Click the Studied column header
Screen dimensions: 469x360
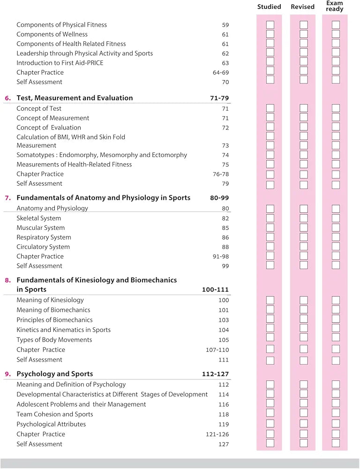[x=269, y=7]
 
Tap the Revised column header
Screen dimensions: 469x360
[x=302, y=7]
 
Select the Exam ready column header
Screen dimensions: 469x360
[x=335, y=6]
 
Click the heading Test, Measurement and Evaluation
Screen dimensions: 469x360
[x=75, y=98]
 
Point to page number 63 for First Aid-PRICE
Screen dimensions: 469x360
[x=225, y=63]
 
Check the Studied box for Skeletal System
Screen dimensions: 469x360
[x=270, y=219]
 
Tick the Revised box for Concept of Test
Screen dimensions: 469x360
[x=304, y=108]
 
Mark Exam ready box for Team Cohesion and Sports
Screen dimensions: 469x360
[x=336, y=413]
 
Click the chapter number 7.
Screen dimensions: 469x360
[x=8, y=198]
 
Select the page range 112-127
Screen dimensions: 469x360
[x=215, y=374]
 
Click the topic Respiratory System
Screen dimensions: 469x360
[x=44, y=237]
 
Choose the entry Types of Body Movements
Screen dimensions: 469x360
[x=54, y=340]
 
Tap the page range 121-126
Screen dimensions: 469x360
[x=217, y=434]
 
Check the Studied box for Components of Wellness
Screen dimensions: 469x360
[x=270, y=34]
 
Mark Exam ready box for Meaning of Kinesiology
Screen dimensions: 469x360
[x=336, y=300]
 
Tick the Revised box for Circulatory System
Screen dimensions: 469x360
[x=304, y=246]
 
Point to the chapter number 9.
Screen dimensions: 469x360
[x=8, y=374]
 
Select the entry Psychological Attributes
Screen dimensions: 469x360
[x=51, y=424]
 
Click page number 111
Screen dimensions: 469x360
[x=224, y=360]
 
